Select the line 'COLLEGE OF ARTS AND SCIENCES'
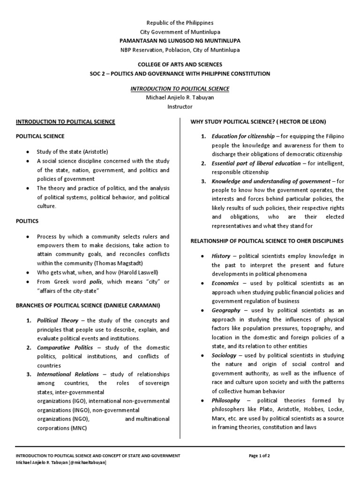pos(180,64)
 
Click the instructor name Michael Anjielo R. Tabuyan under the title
pos(180,97)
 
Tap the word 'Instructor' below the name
pos(180,106)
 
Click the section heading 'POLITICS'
pos(27,220)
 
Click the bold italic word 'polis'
pos(95,281)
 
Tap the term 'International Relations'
pos(67,375)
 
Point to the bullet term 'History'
pos(221,256)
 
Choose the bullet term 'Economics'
pos(225,284)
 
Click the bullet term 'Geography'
pos(226,310)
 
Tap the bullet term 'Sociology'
pos(224,356)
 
